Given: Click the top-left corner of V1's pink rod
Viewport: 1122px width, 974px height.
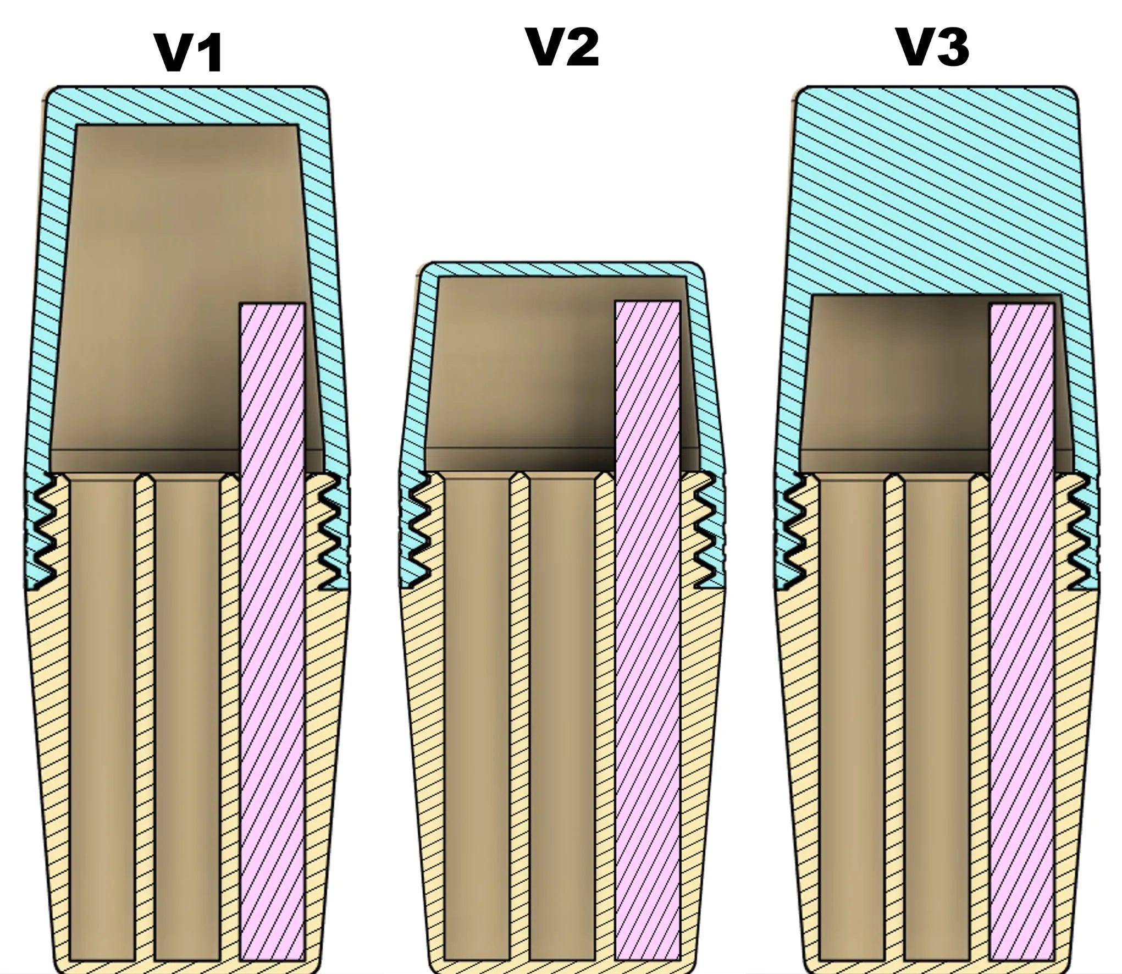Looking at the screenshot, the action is point(241,303).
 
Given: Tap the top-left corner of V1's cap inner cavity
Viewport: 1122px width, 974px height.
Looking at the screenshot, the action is point(76,125).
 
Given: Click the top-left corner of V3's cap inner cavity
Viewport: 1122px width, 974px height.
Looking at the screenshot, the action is point(812,296).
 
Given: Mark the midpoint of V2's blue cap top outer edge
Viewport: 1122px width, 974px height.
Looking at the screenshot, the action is point(562,262).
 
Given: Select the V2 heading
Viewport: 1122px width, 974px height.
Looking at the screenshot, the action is point(563,48).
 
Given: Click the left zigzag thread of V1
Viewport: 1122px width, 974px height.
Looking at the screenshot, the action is point(43,528).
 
